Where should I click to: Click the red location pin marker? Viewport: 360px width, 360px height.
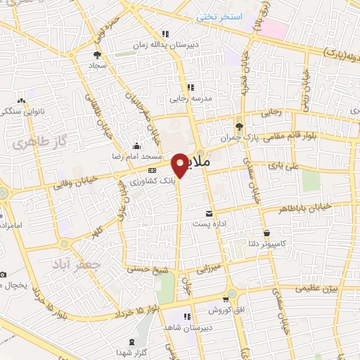click(x=180, y=165)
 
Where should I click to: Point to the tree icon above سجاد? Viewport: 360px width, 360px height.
click(x=97, y=53)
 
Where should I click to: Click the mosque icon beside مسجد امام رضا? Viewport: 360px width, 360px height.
click(x=136, y=146)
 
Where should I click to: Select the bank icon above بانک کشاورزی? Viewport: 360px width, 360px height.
click(x=151, y=171)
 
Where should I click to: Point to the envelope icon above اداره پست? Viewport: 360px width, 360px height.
click(x=208, y=213)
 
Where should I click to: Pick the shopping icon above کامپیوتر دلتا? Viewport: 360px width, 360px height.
click(x=266, y=233)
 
